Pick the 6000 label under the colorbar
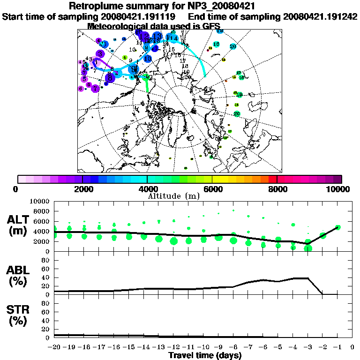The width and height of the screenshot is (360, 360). click(x=212, y=189)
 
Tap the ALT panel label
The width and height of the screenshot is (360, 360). click(x=19, y=219)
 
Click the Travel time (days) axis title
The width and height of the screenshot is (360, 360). click(x=205, y=355)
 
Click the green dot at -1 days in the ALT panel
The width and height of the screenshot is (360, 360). click(x=337, y=227)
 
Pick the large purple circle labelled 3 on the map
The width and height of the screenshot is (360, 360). click(x=100, y=54)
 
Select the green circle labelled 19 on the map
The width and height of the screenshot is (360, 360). click(x=239, y=95)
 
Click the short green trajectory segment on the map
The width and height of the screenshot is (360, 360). click(x=147, y=83)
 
